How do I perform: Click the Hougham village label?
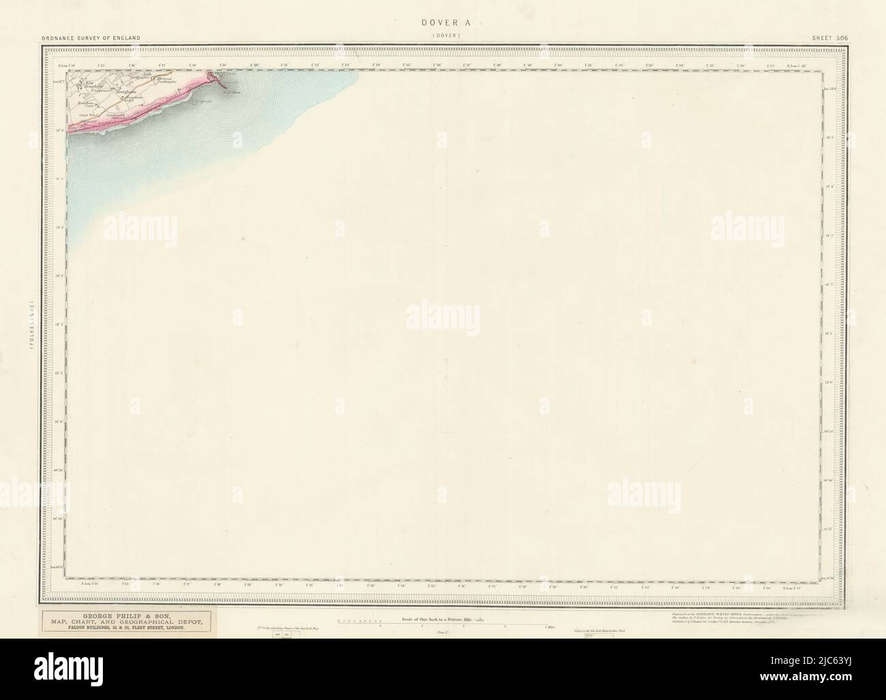(126, 92)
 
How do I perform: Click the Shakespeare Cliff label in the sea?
(200, 102)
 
